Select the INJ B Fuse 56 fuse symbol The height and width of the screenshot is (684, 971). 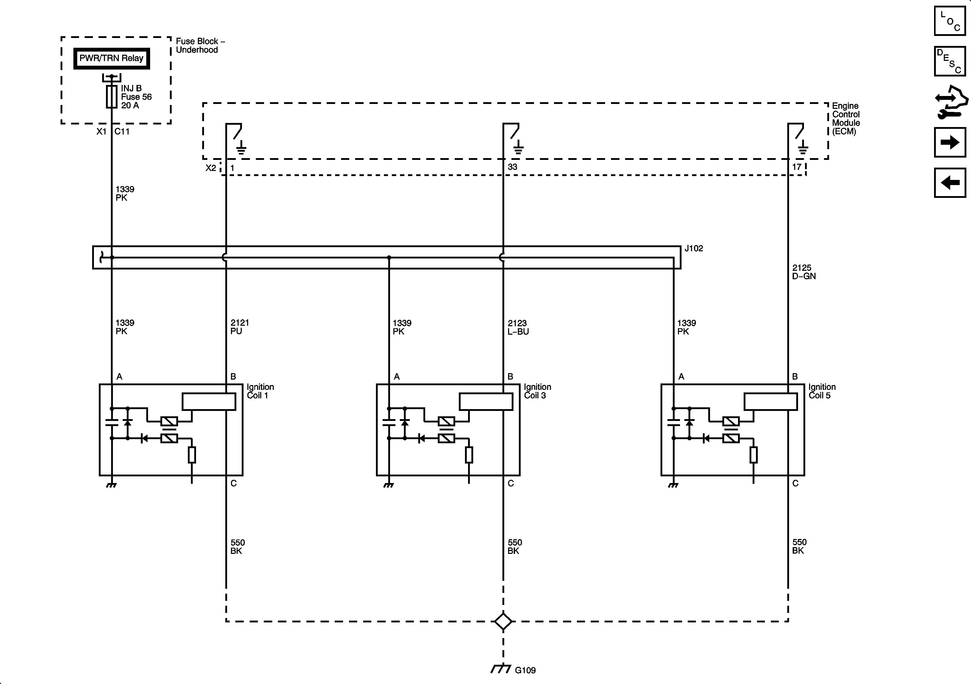(x=112, y=97)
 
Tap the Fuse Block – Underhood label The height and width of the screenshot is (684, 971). (x=200, y=45)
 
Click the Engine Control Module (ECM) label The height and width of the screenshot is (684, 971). (x=846, y=118)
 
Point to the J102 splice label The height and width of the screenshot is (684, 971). (x=694, y=248)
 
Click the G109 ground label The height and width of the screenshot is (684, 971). (x=525, y=670)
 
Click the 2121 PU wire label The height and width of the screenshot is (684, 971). (x=239, y=327)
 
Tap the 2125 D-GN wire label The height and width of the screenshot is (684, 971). (x=803, y=272)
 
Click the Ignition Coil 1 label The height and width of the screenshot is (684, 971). (x=260, y=391)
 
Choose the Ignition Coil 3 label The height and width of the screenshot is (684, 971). (x=537, y=391)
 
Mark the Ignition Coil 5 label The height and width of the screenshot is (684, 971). (x=822, y=391)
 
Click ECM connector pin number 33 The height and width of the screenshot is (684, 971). (x=512, y=167)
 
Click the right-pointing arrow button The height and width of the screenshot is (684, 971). (x=950, y=142)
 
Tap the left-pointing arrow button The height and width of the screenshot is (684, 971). (x=950, y=183)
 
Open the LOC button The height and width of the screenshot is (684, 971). (x=950, y=21)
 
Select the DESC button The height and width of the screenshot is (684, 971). (x=950, y=61)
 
